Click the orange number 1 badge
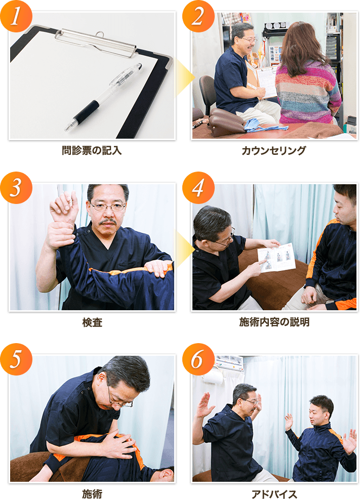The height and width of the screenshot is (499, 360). click(x=17, y=16)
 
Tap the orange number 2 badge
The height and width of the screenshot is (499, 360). click(x=197, y=16)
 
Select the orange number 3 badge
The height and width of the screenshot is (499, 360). click(x=17, y=188)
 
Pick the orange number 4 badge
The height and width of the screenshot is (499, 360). click(x=197, y=188)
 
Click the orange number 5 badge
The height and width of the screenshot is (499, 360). click(x=17, y=360)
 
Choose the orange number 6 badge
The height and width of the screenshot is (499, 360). click(x=197, y=360)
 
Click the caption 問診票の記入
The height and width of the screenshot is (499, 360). click(x=92, y=150)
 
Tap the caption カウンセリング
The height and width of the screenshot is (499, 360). click(x=274, y=150)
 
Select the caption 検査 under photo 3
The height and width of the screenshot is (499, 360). click(x=92, y=322)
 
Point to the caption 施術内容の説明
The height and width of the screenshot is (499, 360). click(x=274, y=322)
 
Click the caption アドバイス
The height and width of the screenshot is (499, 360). click(x=274, y=493)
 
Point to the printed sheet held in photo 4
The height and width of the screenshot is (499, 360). click(x=276, y=258)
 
